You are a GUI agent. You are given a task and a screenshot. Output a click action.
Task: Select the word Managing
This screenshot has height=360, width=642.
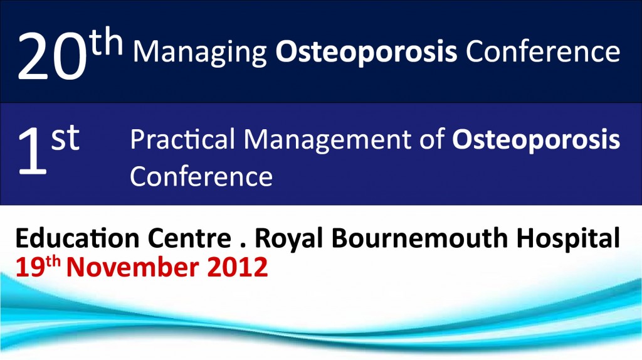[201, 53]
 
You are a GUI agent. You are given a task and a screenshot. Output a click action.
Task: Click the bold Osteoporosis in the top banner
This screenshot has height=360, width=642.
[367, 53]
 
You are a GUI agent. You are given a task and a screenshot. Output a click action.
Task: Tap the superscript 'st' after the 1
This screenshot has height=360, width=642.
[65, 139]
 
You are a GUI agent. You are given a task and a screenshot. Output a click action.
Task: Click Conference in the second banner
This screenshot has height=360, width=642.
[201, 176]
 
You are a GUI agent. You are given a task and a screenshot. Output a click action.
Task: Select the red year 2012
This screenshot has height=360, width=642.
[238, 267]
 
